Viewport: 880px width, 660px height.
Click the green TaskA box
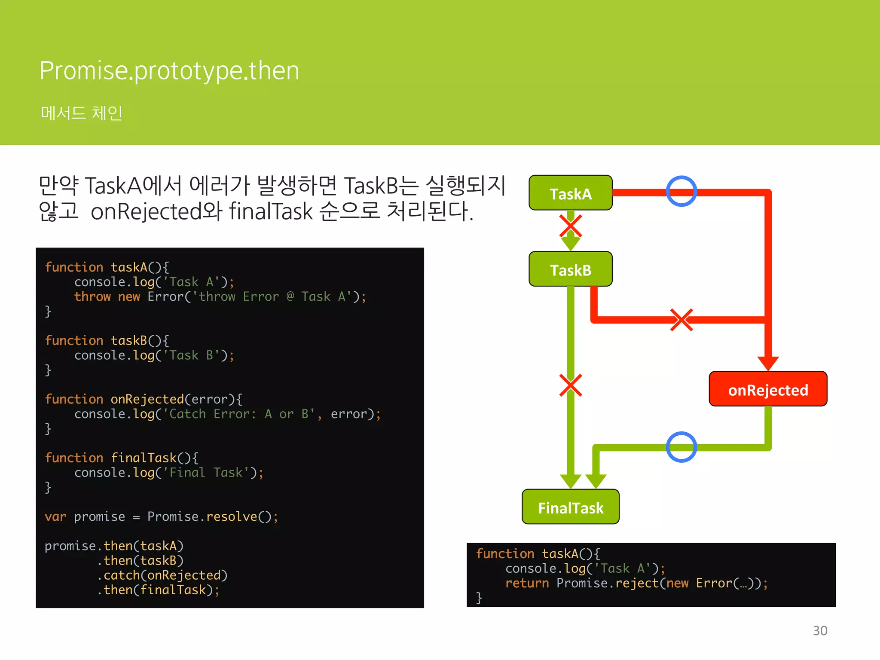point(570,193)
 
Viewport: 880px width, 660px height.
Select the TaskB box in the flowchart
point(570,269)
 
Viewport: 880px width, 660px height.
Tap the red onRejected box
point(768,389)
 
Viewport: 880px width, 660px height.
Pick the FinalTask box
point(570,507)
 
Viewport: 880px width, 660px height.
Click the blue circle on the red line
point(681,191)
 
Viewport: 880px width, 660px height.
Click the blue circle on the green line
point(681,447)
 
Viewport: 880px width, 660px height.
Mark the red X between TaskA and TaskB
point(571,226)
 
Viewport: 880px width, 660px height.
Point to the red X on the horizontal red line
point(681,320)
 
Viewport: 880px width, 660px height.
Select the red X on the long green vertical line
point(571,385)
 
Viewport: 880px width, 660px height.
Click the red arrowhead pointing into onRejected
point(768,363)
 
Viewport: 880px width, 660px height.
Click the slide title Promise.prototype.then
point(169,70)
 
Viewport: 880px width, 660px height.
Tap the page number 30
point(820,630)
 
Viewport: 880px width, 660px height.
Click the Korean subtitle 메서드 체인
point(82,113)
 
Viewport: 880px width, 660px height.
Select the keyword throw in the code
point(92,296)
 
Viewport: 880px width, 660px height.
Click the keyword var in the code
point(55,516)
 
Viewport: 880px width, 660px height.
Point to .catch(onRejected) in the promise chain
point(162,575)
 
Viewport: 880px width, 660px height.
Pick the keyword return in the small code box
point(527,583)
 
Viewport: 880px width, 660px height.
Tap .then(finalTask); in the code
point(158,590)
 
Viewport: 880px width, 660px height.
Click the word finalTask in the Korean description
point(271,211)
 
